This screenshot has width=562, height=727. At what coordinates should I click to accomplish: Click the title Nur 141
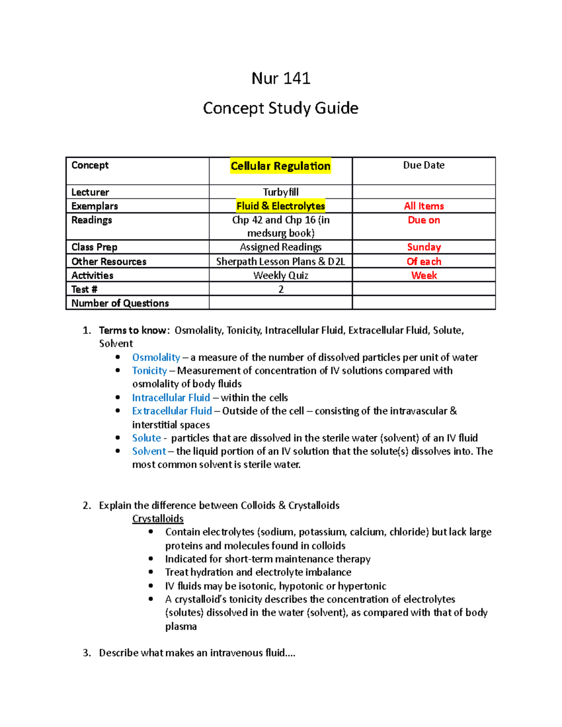(281, 78)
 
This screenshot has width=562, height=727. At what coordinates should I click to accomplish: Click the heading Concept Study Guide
(281, 108)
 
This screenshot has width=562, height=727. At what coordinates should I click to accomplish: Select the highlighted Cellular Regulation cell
(281, 166)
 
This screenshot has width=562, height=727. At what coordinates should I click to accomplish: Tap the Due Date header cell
(423, 165)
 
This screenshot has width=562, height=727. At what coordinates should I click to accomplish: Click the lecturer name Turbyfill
(281, 192)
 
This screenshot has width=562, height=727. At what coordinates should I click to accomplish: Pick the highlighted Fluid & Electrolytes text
(281, 206)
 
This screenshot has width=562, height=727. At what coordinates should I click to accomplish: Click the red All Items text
(423, 206)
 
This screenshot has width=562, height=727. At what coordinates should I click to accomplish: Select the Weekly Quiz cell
(281, 275)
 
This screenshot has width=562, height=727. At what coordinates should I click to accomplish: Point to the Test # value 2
(281, 289)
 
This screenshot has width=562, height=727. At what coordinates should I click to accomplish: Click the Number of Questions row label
(120, 303)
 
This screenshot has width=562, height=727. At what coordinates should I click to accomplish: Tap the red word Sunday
(423, 247)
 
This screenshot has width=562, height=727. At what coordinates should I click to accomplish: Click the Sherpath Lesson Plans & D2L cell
(281, 262)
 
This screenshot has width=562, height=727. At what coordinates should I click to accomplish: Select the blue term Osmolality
(156, 358)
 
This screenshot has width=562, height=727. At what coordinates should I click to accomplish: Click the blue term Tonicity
(149, 371)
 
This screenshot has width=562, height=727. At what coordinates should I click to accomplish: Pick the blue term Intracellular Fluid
(170, 398)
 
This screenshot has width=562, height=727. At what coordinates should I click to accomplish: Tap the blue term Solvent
(148, 451)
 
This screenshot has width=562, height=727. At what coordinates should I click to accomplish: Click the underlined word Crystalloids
(158, 519)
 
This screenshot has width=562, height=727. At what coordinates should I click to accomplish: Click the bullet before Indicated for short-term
(151, 558)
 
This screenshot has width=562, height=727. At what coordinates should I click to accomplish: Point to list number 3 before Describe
(86, 653)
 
